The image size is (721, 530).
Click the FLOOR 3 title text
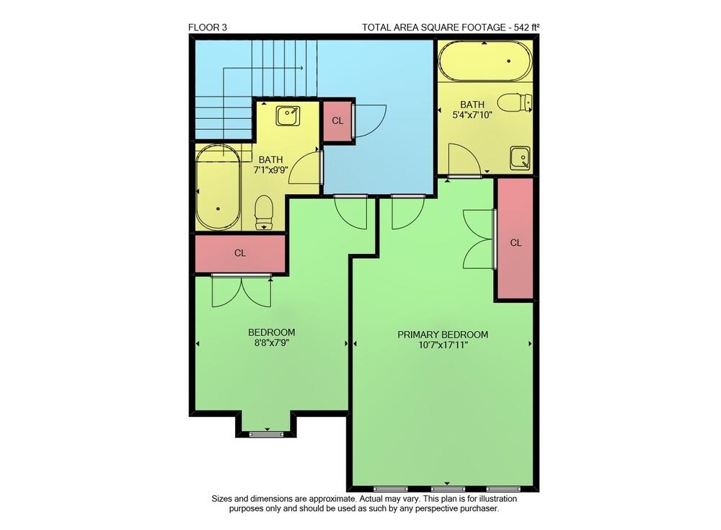click(208, 28)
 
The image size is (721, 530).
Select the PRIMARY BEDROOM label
click(443, 335)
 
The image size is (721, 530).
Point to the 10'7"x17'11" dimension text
click(443, 345)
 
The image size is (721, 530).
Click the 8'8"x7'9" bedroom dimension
click(271, 343)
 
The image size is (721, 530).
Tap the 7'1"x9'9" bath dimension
click(271, 170)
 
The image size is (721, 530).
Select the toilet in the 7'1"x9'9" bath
click(265, 211)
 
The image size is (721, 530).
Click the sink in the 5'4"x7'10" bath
click(520, 158)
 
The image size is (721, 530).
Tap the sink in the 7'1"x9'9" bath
click(289, 115)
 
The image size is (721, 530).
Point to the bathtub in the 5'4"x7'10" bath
click(484, 61)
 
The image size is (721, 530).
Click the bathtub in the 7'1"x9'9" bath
click(218, 188)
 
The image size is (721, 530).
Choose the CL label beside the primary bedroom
click(516, 243)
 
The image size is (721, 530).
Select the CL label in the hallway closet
click(337, 120)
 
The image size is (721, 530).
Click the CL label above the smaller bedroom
click(240, 253)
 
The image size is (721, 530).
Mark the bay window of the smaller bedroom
click(265, 433)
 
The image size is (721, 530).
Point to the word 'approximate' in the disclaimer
click(321, 498)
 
